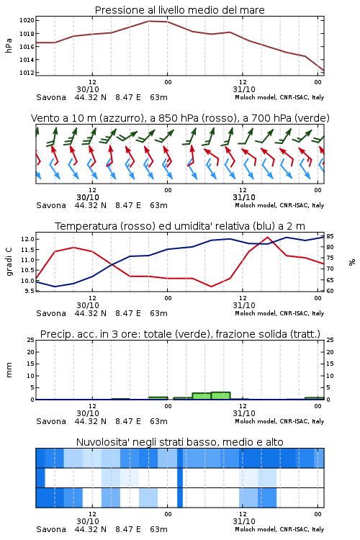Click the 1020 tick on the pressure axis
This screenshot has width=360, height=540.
click(27, 20)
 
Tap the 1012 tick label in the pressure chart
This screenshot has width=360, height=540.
click(27, 73)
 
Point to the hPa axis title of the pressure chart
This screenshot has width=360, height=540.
click(9, 46)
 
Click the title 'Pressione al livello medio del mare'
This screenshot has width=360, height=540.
click(180, 10)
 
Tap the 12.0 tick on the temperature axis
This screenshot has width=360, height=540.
click(28, 239)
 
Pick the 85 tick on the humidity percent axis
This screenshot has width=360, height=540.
click(330, 236)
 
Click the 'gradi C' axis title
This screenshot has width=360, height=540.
click(9, 261)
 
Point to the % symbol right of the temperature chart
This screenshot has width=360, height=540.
click(352, 262)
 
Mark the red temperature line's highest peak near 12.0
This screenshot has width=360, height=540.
click(268, 237)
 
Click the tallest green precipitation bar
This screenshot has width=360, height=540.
click(221, 396)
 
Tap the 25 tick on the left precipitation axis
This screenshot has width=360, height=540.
click(31, 340)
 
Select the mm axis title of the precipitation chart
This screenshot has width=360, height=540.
click(9, 370)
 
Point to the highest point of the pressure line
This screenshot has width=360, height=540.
click(149, 21)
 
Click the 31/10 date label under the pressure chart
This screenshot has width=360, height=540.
click(244, 89)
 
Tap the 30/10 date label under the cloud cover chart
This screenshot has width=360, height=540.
click(88, 521)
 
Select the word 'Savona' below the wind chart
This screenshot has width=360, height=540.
click(51, 205)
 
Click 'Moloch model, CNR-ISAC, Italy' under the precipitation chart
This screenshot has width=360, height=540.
click(279, 421)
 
